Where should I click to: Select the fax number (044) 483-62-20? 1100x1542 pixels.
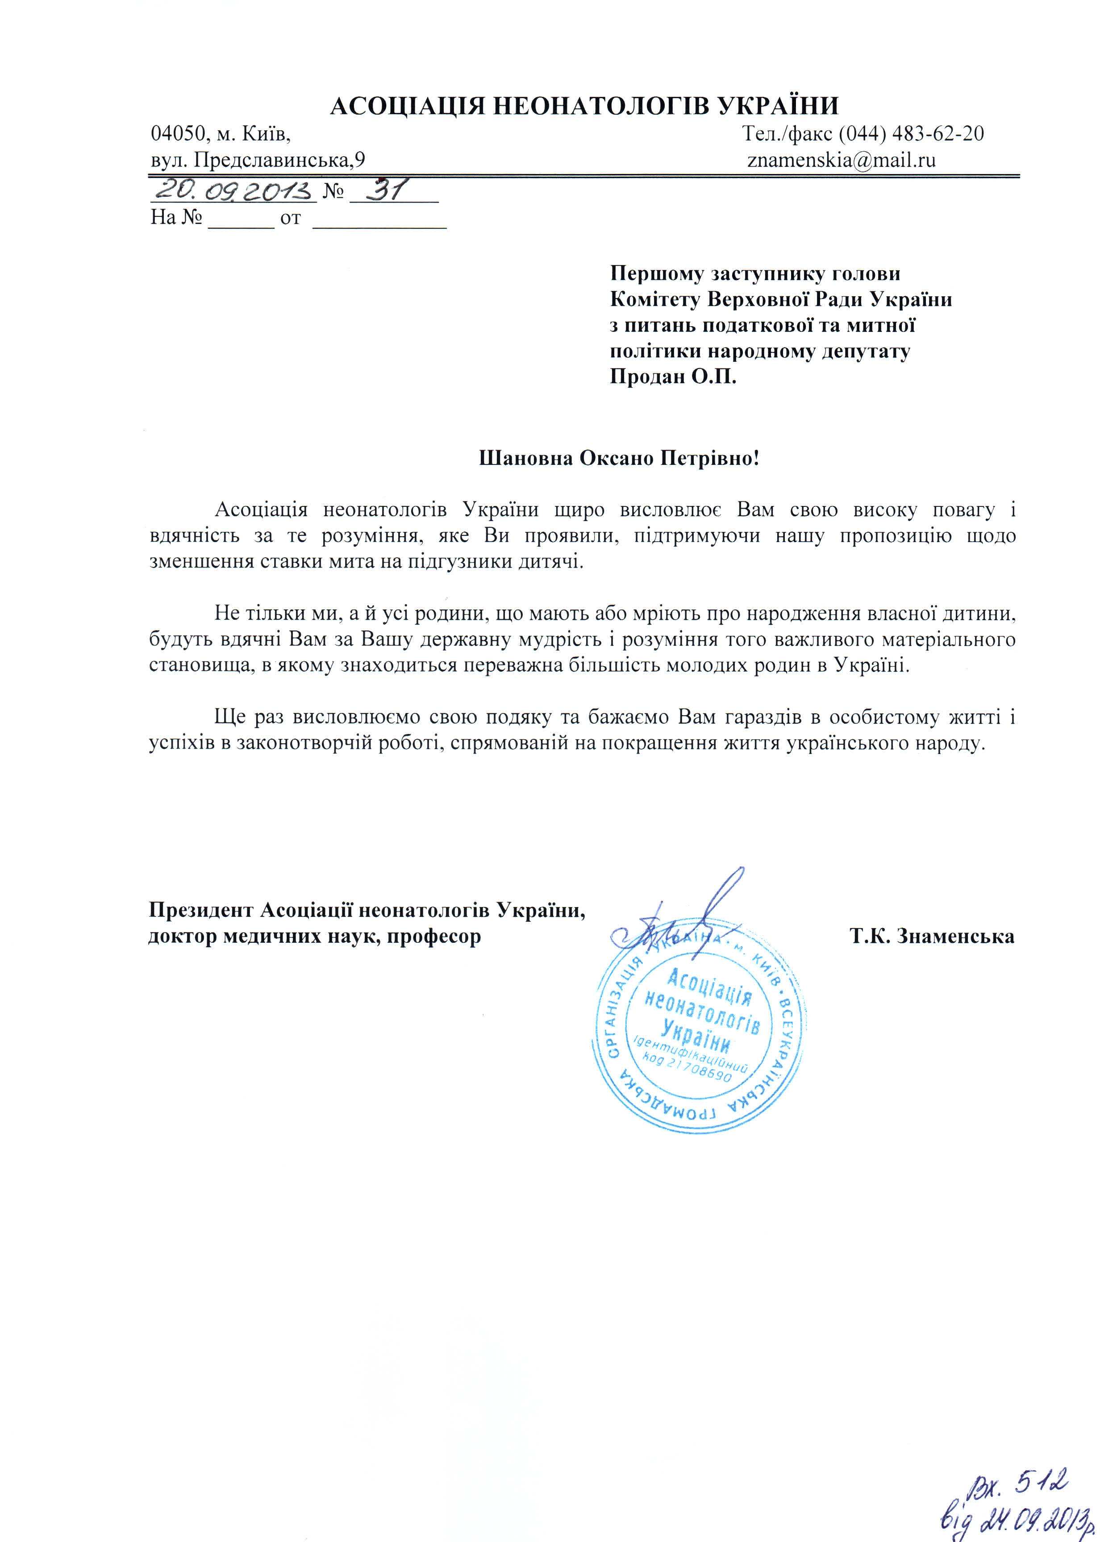pyautogui.click(x=911, y=133)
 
